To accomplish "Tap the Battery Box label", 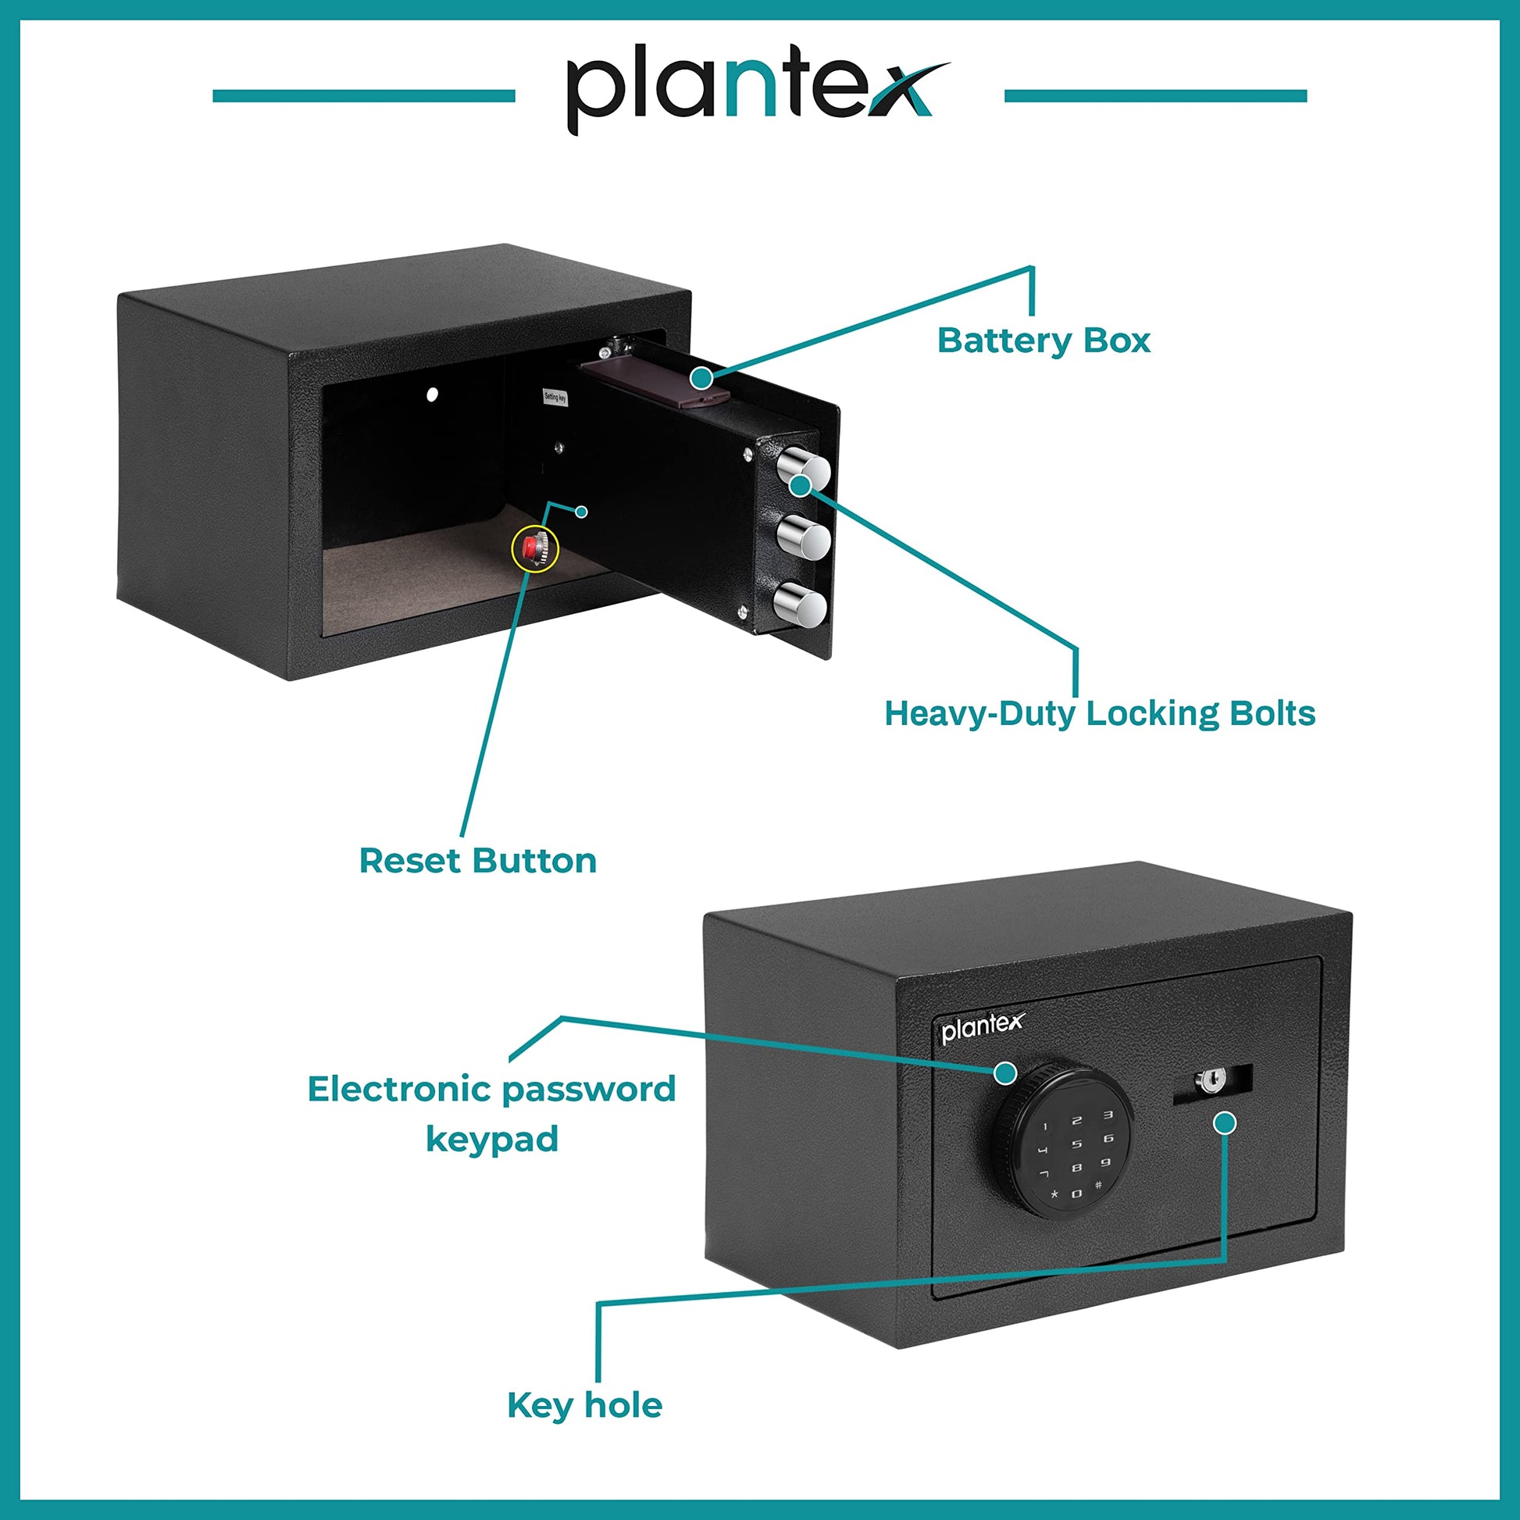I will tap(1044, 341).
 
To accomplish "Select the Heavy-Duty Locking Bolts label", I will tap(1100, 714).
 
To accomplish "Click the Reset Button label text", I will tap(477, 861).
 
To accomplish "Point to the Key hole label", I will tap(584, 1405).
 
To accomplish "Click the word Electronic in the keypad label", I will tap(400, 1090).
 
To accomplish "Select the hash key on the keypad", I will tap(1097, 1184).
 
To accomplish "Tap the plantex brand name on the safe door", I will tap(983, 1027).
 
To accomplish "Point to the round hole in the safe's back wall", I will tap(432, 394).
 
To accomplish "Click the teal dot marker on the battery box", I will tap(701, 378).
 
